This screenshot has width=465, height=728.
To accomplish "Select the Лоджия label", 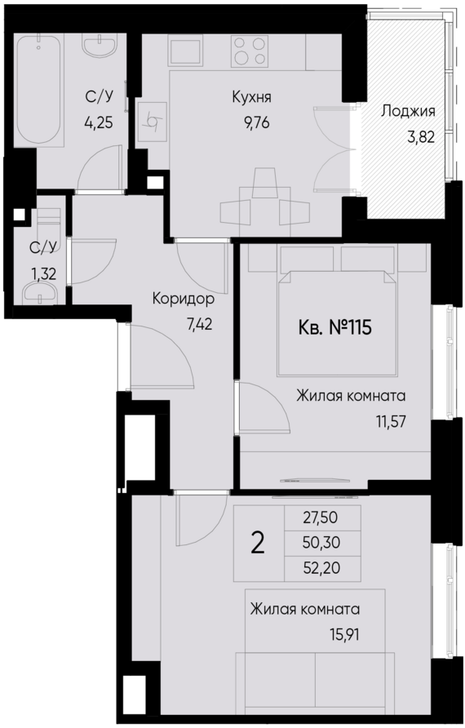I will click(x=408, y=113).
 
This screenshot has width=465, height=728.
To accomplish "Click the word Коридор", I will click(x=184, y=299).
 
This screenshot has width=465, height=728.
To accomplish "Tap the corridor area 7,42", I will click(x=201, y=323).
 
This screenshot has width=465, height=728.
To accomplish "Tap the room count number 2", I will click(x=257, y=542).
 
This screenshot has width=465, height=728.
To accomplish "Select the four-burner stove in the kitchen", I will click(x=250, y=51).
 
